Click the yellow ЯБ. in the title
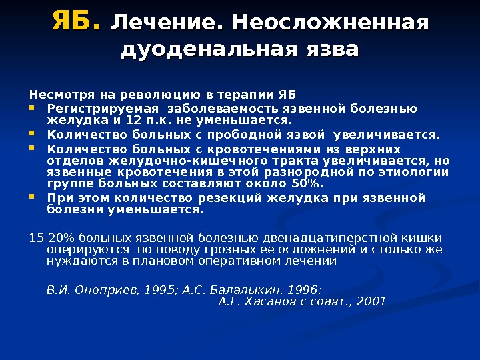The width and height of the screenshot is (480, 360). coord(76,21)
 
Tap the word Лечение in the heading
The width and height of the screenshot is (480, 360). coord(167,22)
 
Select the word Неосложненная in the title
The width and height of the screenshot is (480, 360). coord(330,22)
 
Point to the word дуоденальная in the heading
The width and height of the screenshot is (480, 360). coord(209,49)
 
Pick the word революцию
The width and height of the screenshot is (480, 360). coord(161,95)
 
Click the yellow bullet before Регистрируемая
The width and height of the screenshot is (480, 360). coord(32,108)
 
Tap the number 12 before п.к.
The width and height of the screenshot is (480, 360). coord(133,120)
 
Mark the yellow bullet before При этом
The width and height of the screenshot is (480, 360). coord(32,197)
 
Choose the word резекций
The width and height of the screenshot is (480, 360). coord(230,198)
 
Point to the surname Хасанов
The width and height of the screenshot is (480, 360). coord(270,301)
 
